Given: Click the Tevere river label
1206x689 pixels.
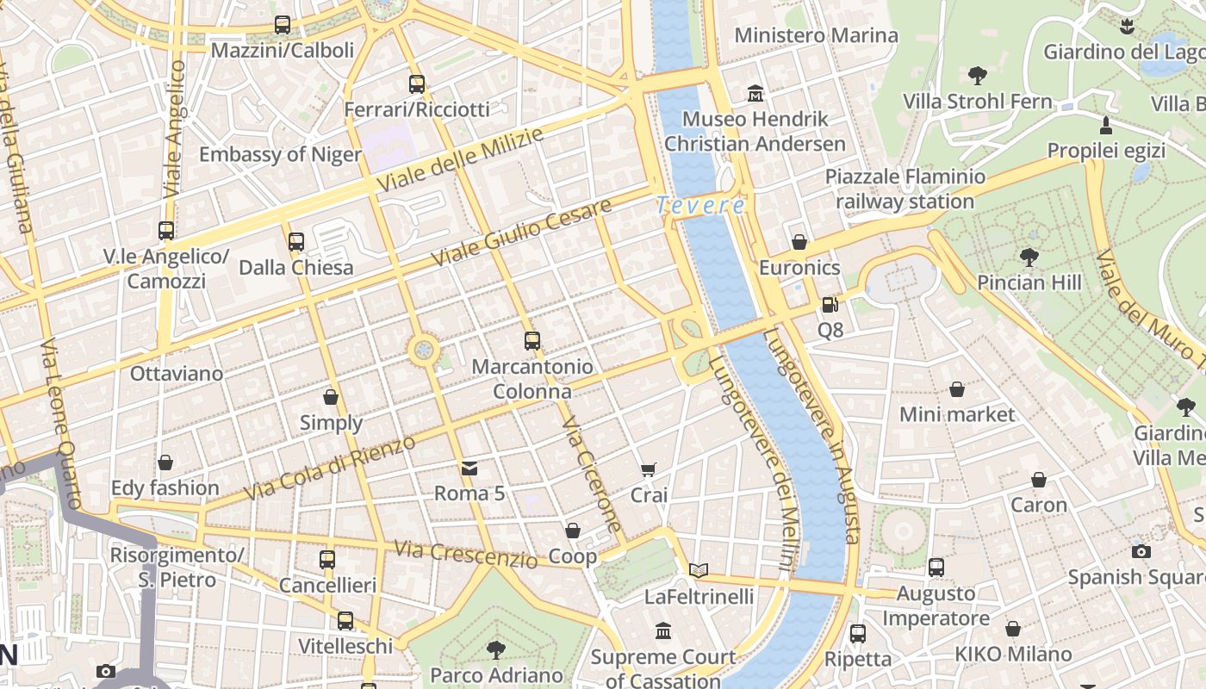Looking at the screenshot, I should (699, 205).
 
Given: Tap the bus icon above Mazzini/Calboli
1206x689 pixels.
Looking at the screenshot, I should (283, 25).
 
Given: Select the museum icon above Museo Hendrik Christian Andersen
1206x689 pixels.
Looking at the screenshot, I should (755, 93).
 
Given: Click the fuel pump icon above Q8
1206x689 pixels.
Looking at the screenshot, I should (830, 304).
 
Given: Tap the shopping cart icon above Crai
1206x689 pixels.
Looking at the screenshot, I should (649, 469).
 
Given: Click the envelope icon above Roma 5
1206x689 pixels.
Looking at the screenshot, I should (469, 468).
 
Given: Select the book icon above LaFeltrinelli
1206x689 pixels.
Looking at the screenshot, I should (699, 570).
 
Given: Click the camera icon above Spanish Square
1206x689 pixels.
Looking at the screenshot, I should (1141, 551).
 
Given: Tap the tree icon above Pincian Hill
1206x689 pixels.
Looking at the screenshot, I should (1029, 257).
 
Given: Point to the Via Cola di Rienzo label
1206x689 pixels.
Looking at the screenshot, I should (330, 469).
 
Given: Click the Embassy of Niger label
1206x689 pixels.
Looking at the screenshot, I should (280, 154).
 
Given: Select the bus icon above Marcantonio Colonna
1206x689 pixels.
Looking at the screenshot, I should (532, 341).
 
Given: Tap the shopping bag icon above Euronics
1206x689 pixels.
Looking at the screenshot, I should (799, 242).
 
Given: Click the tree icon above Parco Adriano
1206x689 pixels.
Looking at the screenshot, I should (496, 649).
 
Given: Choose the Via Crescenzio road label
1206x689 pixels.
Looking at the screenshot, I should (465, 555).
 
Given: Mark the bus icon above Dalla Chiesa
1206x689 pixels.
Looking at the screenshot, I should (296, 242).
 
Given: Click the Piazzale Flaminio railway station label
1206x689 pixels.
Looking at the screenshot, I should (904, 189).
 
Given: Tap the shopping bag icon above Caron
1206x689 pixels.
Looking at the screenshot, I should (1039, 480).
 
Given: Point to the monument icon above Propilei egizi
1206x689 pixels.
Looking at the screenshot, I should (1106, 126).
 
